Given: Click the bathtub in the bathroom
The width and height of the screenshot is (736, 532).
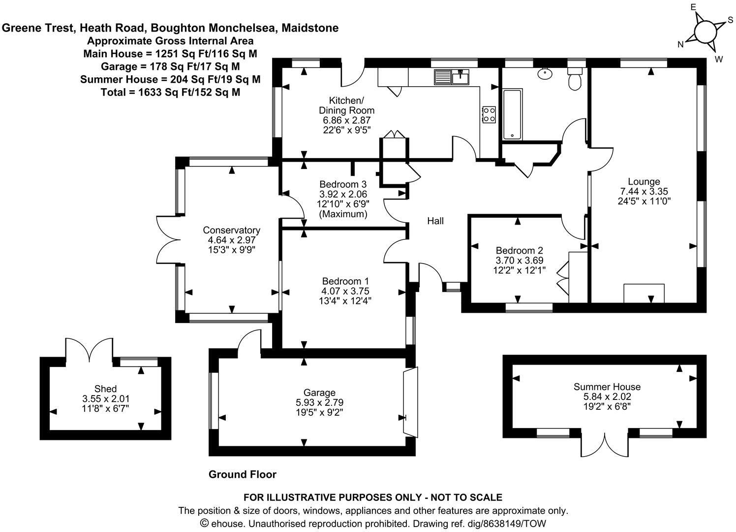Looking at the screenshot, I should click(512, 114).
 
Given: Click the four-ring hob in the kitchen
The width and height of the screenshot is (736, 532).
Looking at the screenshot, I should click(489, 114).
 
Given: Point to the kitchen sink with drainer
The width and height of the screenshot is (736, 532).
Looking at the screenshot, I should click(451, 77).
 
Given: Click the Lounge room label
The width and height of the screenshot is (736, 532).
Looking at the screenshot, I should click(644, 182).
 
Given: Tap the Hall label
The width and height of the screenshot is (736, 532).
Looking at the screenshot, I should click(435, 221).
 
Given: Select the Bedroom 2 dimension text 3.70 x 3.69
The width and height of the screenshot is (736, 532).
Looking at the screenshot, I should click(520, 260).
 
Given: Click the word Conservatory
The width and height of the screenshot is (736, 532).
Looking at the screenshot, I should click(231, 230).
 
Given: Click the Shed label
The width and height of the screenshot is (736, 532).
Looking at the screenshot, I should click(106, 389).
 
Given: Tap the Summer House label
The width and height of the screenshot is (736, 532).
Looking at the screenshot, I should click(607, 387).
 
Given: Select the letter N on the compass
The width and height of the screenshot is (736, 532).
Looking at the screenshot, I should click(681, 45).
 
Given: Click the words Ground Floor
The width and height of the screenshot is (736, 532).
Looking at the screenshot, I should click(243, 474).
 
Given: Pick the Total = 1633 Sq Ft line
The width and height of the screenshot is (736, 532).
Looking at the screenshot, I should click(170, 92).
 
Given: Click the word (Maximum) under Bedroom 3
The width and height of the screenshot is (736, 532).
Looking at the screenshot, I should click(343, 214).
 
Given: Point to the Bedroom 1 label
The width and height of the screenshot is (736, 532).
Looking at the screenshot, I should click(345, 281).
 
